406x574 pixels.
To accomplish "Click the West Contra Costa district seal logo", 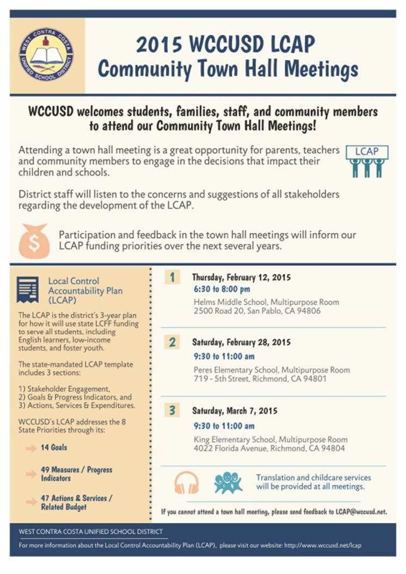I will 46,54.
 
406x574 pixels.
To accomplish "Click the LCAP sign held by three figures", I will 367,151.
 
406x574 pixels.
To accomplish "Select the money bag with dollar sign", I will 34,240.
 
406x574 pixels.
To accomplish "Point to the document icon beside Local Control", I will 27,289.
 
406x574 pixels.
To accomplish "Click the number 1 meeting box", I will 172,277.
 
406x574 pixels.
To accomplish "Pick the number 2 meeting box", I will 172,342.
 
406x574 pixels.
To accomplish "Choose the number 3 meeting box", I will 172,410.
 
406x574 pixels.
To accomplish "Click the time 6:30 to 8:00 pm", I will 222,289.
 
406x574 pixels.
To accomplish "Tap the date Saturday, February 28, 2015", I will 242,342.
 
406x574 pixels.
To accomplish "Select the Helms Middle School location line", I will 266,302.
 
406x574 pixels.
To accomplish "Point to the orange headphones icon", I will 187,482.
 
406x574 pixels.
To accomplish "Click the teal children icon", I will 228,482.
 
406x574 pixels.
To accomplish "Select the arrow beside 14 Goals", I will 31,448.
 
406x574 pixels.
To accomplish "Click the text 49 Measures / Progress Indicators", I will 76,473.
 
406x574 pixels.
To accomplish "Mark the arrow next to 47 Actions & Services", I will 31,502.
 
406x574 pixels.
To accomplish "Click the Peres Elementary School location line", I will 272,370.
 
